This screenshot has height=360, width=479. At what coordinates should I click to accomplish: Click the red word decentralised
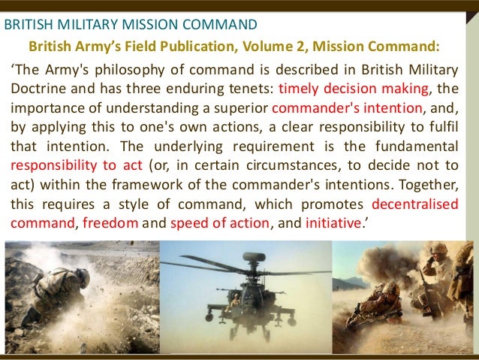coord(412,204)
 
